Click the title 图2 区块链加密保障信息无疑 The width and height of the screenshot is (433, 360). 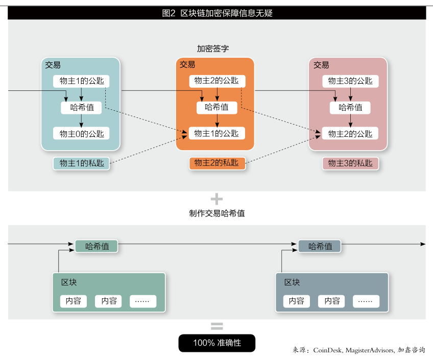click(216, 13)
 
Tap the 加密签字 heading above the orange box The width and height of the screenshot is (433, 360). click(213, 49)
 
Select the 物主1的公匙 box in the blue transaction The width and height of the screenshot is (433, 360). click(81, 81)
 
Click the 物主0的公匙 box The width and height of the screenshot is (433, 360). click(81, 134)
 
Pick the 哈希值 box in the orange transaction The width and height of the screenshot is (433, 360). click(216, 107)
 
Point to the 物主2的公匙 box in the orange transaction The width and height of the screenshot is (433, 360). click(216, 81)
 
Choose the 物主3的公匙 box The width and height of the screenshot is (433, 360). click(350, 81)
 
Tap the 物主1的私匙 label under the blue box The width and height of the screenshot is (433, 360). click(81, 163)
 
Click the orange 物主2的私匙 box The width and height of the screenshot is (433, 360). click(216, 163)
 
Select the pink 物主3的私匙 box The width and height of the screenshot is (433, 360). click(350, 163)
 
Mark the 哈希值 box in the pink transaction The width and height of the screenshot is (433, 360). click(350, 107)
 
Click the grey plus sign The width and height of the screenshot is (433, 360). click(216, 199)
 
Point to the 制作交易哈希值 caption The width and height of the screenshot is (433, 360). click(216, 213)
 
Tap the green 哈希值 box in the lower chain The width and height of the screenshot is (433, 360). click(97, 246)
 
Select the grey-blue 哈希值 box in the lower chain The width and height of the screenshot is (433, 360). click(320, 246)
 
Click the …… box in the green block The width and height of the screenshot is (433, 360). click(143, 301)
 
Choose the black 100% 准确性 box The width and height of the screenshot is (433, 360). click(216, 343)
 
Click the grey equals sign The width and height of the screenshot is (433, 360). click(216, 326)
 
